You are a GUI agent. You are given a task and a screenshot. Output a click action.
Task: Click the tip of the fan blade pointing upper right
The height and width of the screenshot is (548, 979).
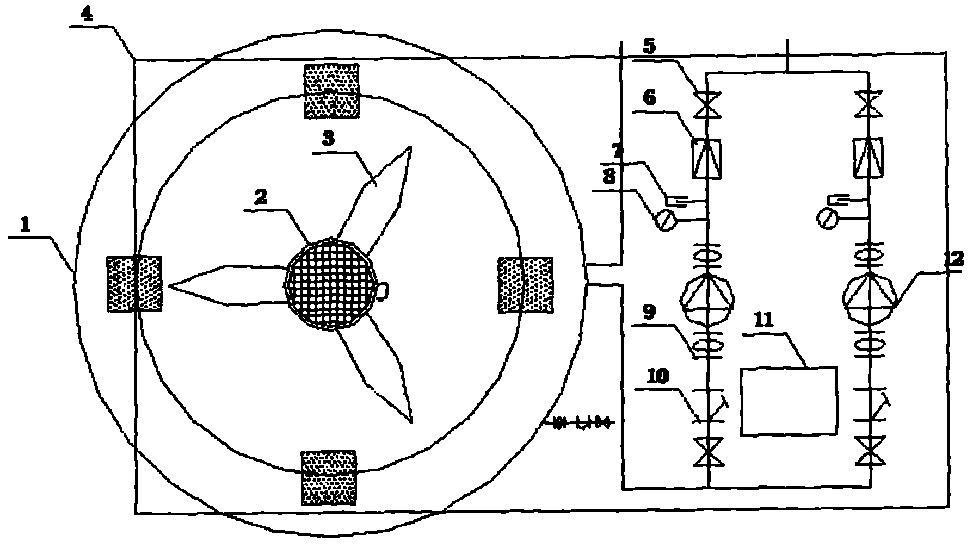point(411,147)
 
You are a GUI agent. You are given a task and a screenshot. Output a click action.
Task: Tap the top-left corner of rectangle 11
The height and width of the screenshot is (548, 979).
point(741,369)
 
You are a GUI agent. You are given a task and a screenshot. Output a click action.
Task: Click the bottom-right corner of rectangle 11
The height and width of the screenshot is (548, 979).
point(836,434)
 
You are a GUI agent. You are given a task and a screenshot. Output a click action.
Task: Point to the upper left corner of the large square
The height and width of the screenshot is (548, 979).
point(134,59)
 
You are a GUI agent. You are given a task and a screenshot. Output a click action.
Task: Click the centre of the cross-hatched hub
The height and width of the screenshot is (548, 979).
point(331,284)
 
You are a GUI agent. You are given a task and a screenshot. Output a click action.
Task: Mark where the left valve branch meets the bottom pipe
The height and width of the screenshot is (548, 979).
point(708,488)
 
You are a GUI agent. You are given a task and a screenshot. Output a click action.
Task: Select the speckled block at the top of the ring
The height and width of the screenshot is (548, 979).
point(331,91)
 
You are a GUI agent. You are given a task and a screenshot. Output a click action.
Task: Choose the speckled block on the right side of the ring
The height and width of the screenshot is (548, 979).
point(525,285)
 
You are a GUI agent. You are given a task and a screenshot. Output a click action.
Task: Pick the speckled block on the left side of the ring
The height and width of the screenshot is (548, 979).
point(134,284)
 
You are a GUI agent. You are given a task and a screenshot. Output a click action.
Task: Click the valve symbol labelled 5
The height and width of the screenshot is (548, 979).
point(708,103)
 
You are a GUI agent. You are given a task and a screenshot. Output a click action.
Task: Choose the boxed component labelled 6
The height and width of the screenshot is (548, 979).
point(707,158)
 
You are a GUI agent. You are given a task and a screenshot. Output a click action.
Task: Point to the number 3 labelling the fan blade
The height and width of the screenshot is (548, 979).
point(328,138)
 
